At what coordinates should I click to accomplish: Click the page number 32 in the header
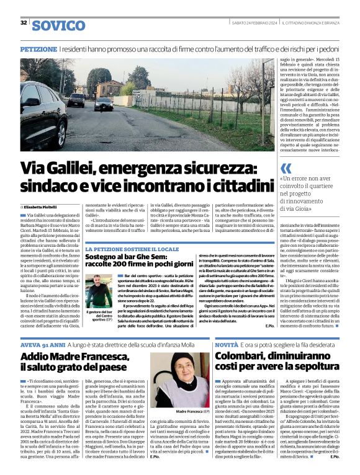24,22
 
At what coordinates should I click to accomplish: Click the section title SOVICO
58,25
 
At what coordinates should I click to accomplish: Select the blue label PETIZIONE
39,48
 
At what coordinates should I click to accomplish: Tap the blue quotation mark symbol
286,169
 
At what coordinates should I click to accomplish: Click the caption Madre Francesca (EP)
181,412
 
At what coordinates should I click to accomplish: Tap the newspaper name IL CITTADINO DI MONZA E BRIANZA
310,23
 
